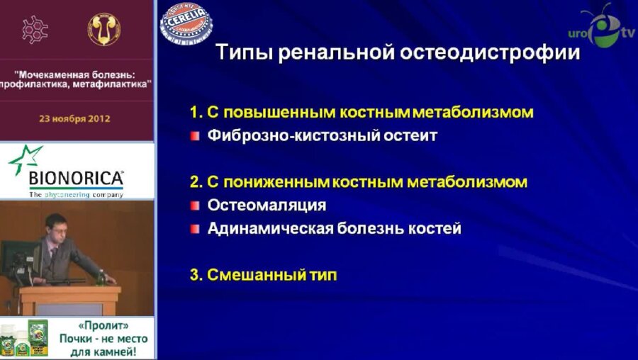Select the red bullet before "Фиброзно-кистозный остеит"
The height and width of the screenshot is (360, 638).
pos(195,135)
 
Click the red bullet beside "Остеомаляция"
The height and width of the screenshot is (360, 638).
pos(195,206)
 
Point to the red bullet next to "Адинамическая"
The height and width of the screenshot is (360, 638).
pos(195,229)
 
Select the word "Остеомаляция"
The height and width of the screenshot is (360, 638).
pos(267,206)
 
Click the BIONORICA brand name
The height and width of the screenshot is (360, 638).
pos(76,177)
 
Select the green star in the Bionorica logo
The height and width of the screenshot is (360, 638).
pos(25,159)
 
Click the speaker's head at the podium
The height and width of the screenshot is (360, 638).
pos(57,229)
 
